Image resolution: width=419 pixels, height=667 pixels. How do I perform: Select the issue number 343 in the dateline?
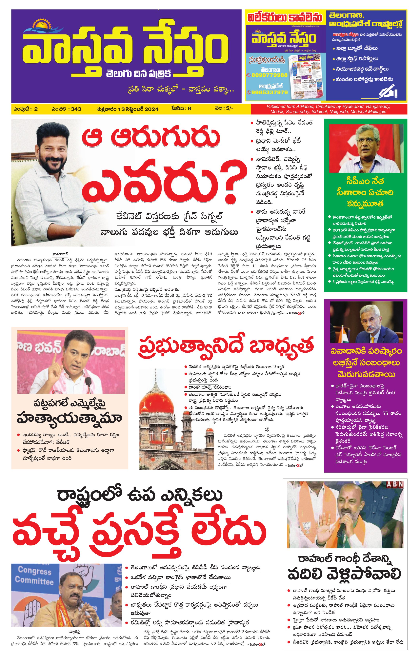click(x=76, y=109)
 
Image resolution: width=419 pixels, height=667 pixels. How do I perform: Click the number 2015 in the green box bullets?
click(x=338, y=230)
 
